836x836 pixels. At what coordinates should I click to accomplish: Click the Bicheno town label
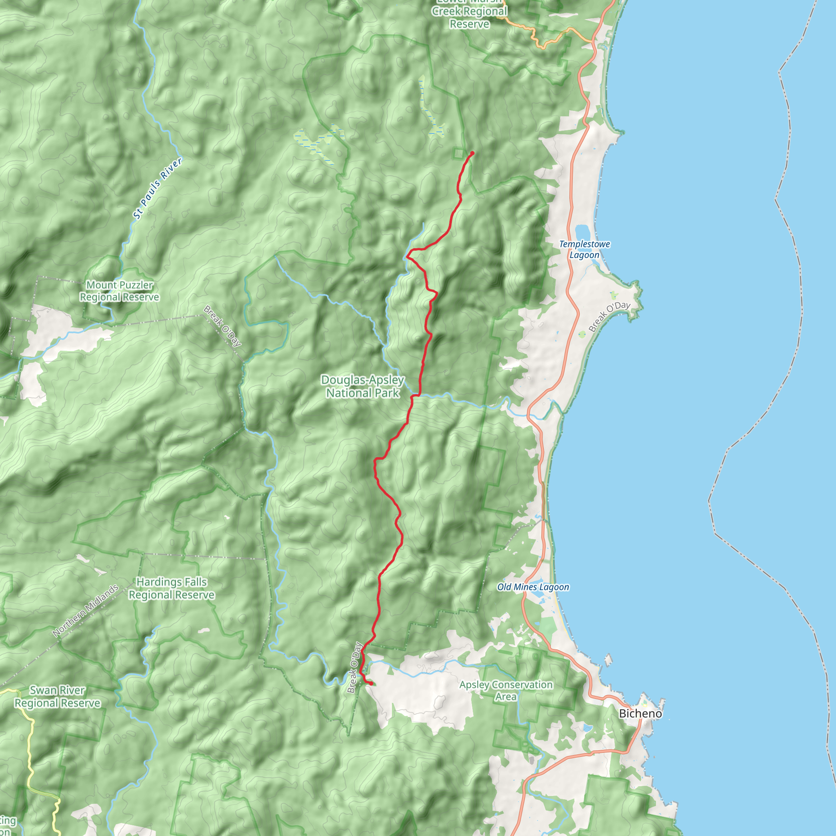[640, 714]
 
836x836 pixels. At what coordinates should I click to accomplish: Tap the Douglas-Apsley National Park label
[362, 387]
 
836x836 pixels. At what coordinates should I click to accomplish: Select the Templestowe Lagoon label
[584, 249]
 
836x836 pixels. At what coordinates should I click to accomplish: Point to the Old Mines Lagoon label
[533, 587]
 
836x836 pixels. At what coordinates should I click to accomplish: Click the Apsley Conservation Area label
[506, 691]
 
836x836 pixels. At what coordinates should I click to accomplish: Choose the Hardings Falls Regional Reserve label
[171, 589]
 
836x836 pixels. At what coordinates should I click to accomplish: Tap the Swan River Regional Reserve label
[58, 697]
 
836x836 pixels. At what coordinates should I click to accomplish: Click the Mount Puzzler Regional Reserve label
[120, 291]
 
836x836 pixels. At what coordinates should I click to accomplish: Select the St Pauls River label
[158, 188]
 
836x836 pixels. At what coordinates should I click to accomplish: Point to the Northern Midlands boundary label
[85, 611]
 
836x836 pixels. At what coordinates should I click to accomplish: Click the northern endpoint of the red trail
[472, 153]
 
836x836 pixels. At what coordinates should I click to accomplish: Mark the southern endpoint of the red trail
[371, 684]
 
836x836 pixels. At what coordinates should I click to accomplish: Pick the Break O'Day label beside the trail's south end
[354, 668]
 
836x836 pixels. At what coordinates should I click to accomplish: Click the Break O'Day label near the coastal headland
[609, 316]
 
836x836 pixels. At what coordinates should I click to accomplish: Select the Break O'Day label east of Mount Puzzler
[222, 326]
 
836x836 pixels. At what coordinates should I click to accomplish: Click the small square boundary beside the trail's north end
[458, 153]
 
